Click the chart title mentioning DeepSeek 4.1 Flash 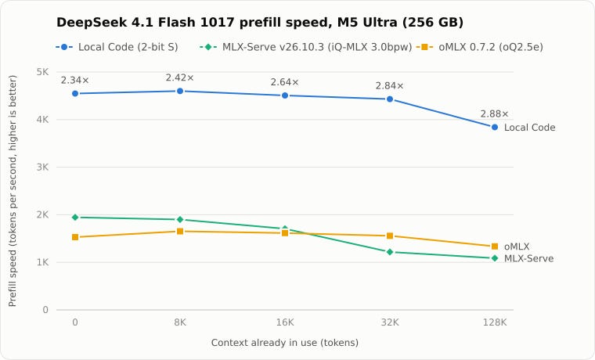click(x=260, y=23)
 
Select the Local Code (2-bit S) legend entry click(x=117, y=47)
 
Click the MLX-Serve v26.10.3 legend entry click(x=306, y=47)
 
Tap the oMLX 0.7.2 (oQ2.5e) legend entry click(x=480, y=47)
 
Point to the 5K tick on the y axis click(x=42, y=72)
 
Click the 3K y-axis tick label click(x=42, y=167)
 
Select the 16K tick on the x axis click(x=285, y=322)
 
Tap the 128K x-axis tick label click(x=495, y=322)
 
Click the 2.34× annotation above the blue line click(x=74, y=81)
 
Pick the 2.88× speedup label click(x=495, y=113)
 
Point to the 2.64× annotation click(x=285, y=82)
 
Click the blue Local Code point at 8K click(x=180, y=91)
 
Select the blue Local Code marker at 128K click(x=495, y=128)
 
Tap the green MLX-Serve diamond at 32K click(x=390, y=252)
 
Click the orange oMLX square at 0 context click(x=75, y=237)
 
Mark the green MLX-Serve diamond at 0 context click(x=75, y=218)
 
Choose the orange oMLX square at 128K click(x=495, y=247)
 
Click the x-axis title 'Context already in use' click(x=285, y=343)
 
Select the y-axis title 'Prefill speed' click(x=13, y=191)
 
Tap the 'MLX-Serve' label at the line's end click(x=528, y=259)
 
